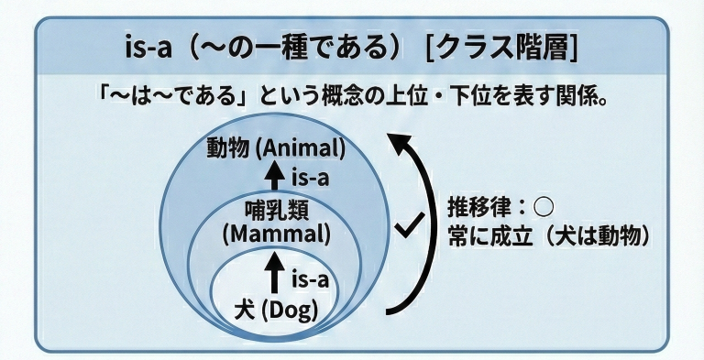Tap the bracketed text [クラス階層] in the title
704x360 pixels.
[502, 46]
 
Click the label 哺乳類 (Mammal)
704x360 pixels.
[276, 220]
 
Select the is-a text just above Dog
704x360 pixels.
[309, 278]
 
